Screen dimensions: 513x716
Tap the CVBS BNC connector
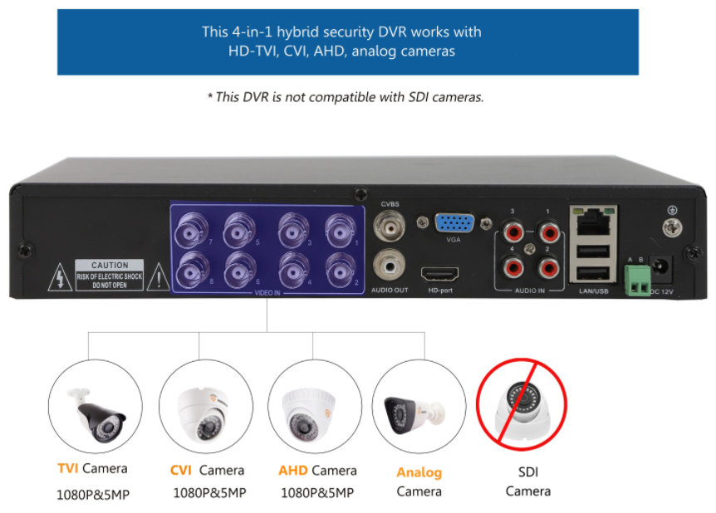390,225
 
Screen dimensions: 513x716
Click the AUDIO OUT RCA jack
390,266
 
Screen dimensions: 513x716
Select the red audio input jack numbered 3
512,231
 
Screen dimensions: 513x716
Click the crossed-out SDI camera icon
521,404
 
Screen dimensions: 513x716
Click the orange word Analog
419,472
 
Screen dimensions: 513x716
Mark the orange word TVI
67,469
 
